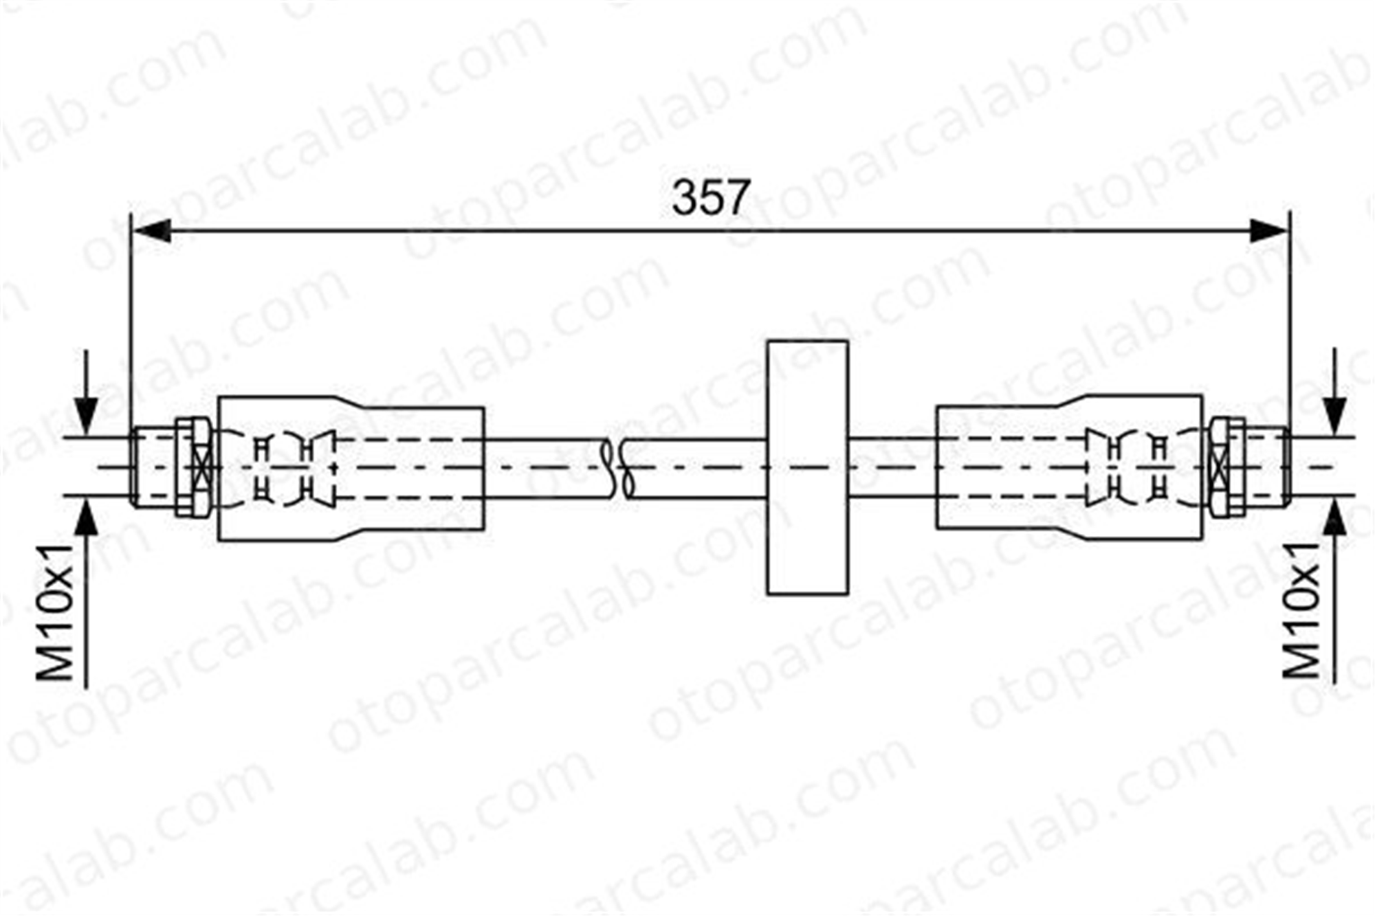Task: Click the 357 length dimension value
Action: pos(710,197)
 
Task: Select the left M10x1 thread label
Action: pos(55,612)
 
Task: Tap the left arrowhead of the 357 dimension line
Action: pos(151,231)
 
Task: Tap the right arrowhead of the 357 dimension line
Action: pos(1268,231)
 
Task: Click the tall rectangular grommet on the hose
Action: pos(807,467)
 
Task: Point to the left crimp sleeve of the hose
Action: pos(351,468)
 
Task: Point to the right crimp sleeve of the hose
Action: pos(1069,467)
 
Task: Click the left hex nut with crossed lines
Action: pos(195,467)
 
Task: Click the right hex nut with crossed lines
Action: pos(1226,467)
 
